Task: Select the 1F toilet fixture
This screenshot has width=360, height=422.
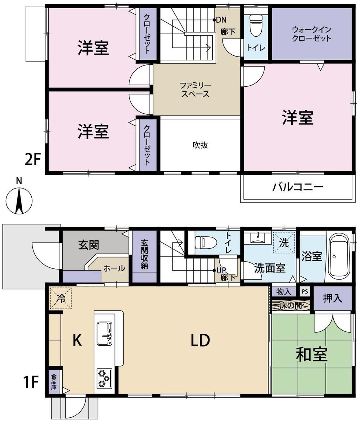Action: tap(206, 243)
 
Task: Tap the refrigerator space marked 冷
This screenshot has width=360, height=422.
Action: tap(60, 298)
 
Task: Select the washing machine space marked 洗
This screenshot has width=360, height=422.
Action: tap(284, 242)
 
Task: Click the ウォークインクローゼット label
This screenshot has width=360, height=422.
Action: tap(311, 34)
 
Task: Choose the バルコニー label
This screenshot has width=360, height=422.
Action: tap(298, 186)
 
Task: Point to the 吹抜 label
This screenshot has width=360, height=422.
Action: tap(200, 145)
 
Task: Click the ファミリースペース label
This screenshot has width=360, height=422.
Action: tap(195, 90)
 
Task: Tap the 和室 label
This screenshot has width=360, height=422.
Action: tap(311, 354)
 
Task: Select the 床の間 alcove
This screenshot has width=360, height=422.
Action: tap(291, 306)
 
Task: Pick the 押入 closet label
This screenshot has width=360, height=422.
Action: tap(333, 298)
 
